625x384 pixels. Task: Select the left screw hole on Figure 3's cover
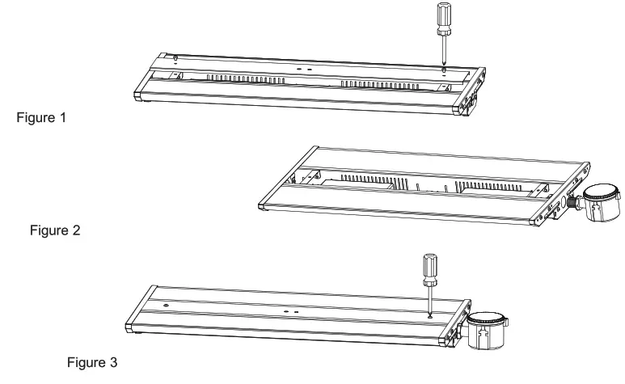(166, 306)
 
